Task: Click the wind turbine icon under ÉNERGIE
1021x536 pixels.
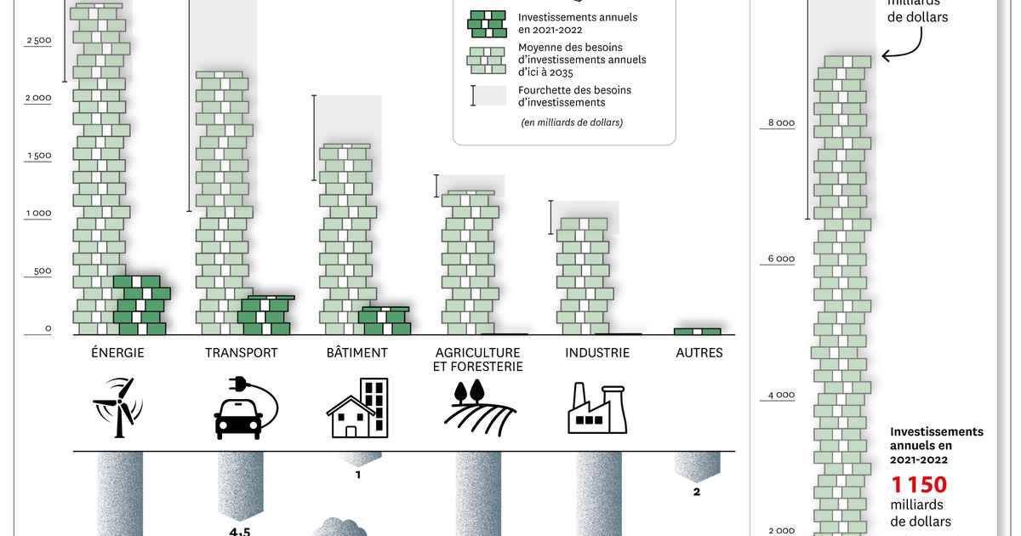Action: [118, 408]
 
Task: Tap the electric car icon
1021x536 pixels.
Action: [246, 408]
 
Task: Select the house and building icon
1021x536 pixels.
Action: [357, 408]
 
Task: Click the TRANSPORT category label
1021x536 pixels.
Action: [241, 353]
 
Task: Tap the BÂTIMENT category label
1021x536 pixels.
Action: [356, 352]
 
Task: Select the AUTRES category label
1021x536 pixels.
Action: [699, 353]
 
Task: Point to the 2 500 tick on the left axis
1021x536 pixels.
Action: [39, 40]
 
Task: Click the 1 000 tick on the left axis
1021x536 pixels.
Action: [39, 214]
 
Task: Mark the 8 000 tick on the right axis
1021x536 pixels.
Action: [781, 123]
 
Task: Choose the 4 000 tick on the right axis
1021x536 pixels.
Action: [781, 395]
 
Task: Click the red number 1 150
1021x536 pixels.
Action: [919, 485]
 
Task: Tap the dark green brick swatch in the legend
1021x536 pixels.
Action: [487, 24]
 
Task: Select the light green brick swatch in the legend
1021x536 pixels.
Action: [487, 60]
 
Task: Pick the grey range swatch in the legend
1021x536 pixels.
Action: [488, 95]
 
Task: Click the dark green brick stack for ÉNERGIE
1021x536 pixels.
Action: [142, 305]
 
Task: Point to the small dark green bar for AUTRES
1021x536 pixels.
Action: [698, 331]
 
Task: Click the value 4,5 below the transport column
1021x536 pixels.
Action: [240, 532]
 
